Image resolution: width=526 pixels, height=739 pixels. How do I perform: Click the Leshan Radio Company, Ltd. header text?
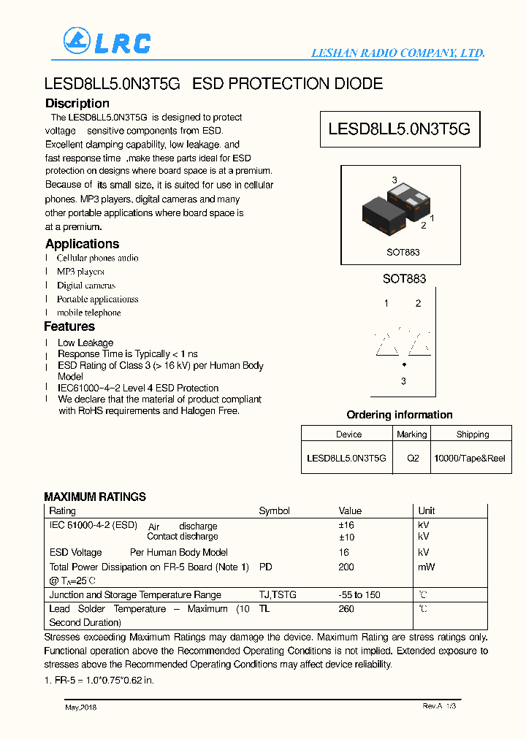click(397, 53)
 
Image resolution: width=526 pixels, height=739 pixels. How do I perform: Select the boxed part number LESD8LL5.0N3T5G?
click(399, 129)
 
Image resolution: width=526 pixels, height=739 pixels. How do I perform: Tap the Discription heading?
click(77, 104)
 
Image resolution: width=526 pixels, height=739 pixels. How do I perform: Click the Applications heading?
click(82, 244)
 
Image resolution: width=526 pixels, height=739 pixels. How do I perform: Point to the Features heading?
click(69, 326)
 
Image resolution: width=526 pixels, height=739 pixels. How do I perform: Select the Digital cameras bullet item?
click(86, 286)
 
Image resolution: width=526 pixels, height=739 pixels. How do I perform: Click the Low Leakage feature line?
click(85, 342)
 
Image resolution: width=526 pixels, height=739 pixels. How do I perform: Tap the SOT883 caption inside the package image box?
click(403, 252)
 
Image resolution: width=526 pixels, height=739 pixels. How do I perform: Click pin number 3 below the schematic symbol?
click(403, 381)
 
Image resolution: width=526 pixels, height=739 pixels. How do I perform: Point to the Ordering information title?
click(399, 415)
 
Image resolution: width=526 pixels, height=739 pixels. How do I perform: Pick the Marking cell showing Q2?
click(413, 459)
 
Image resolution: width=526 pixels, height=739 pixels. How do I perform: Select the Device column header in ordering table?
click(348, 434)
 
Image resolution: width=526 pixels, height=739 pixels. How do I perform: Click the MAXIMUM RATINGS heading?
click(95, 497)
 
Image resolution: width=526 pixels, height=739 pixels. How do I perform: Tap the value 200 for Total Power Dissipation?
click(346, 567)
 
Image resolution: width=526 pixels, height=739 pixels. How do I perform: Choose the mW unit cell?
click(426, 567)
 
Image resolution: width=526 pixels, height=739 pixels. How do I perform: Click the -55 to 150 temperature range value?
click(359, 595)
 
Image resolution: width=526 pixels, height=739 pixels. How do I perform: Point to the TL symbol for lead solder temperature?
click(264, 608)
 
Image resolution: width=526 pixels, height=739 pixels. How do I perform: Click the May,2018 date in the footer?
click(80, 707)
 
